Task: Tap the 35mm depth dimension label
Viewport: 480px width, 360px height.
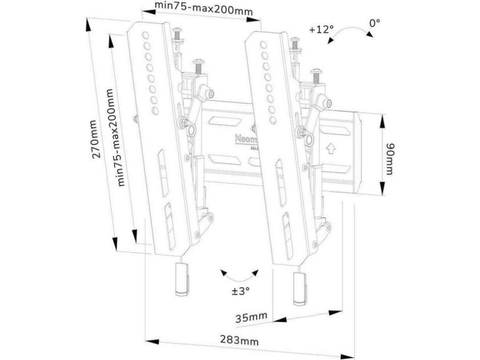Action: pyautogui.click(x=251, y=318)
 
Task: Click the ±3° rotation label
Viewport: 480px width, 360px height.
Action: pyautogui.click(x=240, y=291)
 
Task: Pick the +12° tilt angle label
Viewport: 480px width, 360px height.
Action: pyautogui.click(x=321, y=29)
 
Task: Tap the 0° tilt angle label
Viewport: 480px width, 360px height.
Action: pyautogui.click(x=374, y=22)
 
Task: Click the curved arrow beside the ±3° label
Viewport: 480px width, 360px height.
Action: pyautogui.click(x=240, y=275)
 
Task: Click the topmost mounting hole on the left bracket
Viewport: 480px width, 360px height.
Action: pyautogui.click(x=145, y=35)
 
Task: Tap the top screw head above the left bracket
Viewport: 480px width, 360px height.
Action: pyautogui.click(x=178, y=32)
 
